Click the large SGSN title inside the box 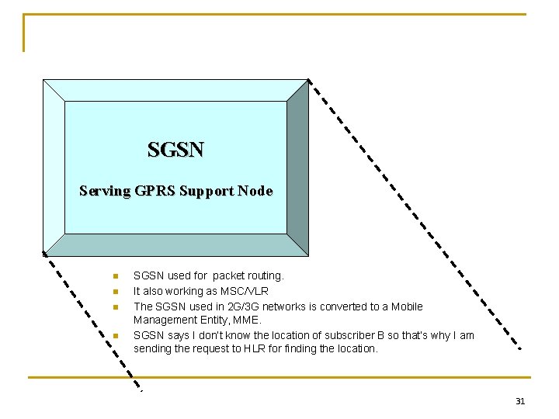click(x=175, y=149)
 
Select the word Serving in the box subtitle click(x=105, y=191)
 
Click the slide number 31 click(x=520, y=401)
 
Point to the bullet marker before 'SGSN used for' click(x=114, y=275)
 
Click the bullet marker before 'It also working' click(x=114, y=291)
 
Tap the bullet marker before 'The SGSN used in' click(x=114, y=306)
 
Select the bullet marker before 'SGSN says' click(x=114, y=335)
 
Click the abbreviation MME click(x=248, y=320)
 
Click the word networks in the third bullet click(x=283, y=306)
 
